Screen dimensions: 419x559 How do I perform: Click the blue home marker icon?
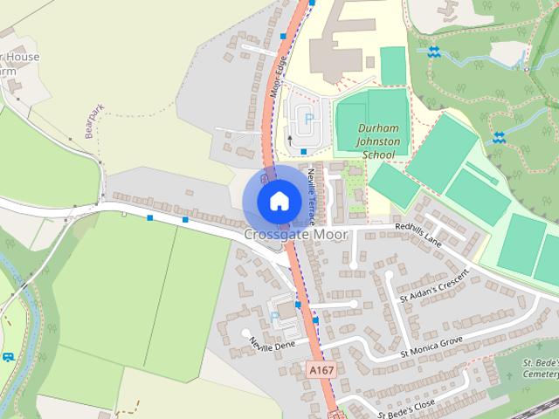click(x=278, y=200)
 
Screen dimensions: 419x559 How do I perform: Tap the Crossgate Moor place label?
click(x=295, y=235)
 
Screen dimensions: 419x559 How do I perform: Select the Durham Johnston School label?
click(x=377, y=141)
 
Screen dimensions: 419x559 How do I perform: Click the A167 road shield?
click(x=321, y=370)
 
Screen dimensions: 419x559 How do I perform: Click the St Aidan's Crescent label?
click(x=433, y=286)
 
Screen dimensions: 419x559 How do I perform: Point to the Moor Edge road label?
click(x=277, y=77)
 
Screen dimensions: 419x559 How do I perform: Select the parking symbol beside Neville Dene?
click(x=276, y=316)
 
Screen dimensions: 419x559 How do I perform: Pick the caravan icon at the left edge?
click(x=8, y=356)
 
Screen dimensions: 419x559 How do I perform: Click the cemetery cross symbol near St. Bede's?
click(x=512, y=376)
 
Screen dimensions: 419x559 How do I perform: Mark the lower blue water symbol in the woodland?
click(x=499, y=137)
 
